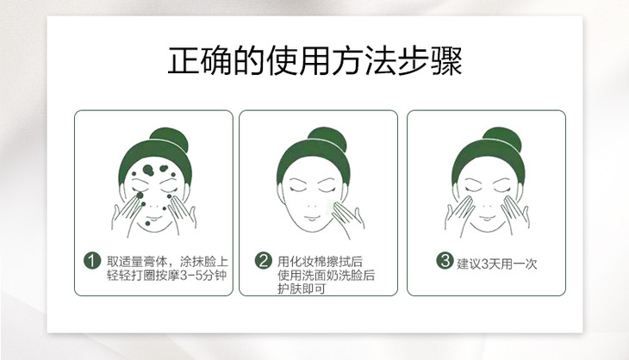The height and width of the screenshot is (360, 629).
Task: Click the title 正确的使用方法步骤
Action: (x=314, y=60)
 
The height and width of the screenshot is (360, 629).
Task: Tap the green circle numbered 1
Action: (x=92, y=261)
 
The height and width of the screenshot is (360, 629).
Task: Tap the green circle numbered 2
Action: (x=263, y=261)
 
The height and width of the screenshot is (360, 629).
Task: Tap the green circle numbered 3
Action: (x=445, y=261)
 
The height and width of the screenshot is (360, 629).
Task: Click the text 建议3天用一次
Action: (x=496, y=264)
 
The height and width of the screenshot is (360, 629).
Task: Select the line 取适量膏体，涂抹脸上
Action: (x=167, y=262)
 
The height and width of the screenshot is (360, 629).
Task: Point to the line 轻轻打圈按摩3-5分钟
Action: (x=167, y=276)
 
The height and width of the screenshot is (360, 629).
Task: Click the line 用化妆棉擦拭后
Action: (x=320, y=262)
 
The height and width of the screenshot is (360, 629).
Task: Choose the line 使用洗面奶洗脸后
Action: (x=327, y=276)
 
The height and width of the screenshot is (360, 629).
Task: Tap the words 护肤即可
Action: (x=302, y=289)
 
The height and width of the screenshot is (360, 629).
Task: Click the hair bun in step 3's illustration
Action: (x=501, y=139)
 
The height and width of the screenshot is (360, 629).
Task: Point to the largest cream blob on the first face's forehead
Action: (x=148, y=171)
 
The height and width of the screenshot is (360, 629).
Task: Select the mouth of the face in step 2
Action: (x=313, y=219)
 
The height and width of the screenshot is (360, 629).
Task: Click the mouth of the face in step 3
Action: (x=488, y=219)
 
